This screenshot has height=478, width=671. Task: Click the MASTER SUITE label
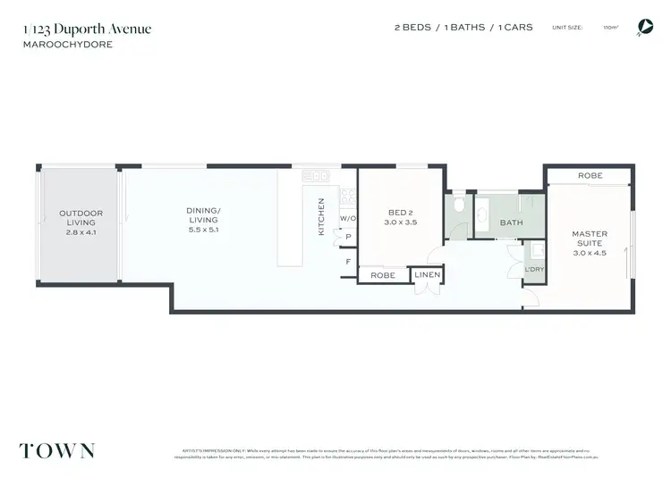pyautogui.click(x=590, y=239)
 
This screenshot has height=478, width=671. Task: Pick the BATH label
pyautogui.click(x=511, y=223)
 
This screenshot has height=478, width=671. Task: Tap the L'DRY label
pyautogui.click(x=534, y=268)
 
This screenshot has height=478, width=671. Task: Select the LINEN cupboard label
pyautogui.click(x=428, y=275)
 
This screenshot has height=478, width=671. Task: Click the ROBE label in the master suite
pyautogui.click(x=590, y=176)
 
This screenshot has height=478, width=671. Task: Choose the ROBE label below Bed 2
pyautogui.click(x=384, y=275)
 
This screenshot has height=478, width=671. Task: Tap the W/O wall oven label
pyautogui.click(x=347, y=219)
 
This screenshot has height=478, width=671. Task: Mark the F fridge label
pyautogui.click(x=347, y=262)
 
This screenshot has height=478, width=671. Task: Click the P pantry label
pyautogui.click(x=347, y=237)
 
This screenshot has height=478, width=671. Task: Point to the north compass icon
pyautogui.click(x=643, y=28)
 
